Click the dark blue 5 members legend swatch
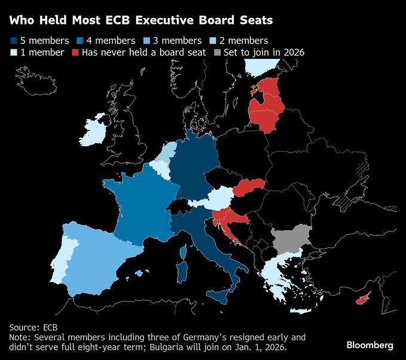13,41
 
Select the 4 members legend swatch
79,41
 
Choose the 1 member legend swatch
13,53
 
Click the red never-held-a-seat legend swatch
75,53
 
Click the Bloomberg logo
370,345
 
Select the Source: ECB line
33,327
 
